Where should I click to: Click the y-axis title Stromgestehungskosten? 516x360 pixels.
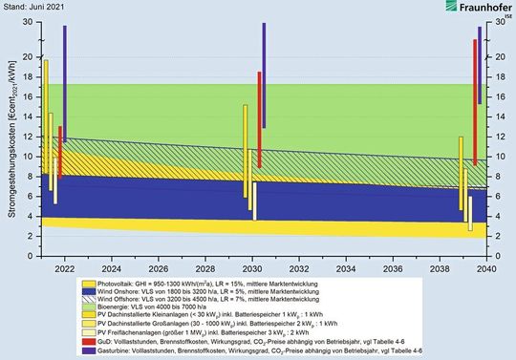click(11, 143)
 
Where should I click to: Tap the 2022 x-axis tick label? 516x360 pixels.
click(65, 268)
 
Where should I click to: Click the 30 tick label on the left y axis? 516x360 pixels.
click(31, 22)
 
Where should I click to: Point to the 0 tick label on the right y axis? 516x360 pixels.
click(499, 256)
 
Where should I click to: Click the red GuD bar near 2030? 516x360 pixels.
click(259, 119)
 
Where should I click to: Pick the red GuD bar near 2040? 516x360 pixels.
click(475, 102)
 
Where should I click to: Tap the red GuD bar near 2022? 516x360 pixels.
click(59, 152)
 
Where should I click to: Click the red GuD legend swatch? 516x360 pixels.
click(88, 341)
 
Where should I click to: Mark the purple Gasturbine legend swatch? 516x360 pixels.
click(88, 349)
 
